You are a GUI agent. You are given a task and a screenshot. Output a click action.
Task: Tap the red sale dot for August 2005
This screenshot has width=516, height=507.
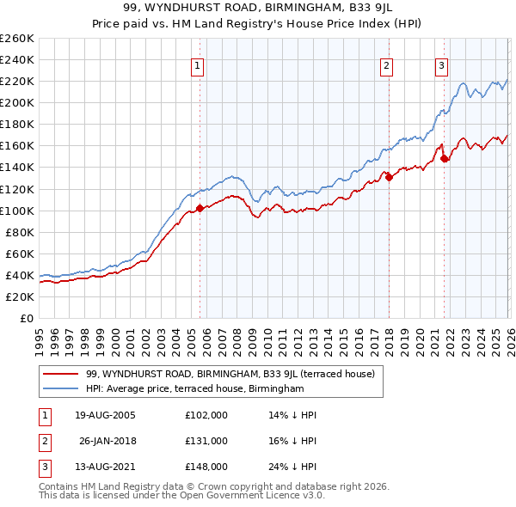click(x=200, y=208)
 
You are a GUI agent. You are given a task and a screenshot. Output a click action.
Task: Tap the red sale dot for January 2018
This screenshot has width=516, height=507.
click(x=388, y=177)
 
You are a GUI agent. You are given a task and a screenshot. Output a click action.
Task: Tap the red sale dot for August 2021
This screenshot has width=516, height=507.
click(x=444, y=158)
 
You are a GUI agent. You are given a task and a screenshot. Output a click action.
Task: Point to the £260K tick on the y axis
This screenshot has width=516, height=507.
click(x=17, y=39)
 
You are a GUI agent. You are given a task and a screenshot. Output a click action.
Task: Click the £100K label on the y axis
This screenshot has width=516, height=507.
click(x=17, y=211)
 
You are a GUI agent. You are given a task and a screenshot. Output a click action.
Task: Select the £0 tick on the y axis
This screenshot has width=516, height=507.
click(x=27, y=318)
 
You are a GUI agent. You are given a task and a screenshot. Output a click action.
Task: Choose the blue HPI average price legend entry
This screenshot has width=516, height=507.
click(x=195, y=389)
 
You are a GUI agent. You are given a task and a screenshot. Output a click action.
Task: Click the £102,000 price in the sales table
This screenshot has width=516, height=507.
click(x=206, y=415)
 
